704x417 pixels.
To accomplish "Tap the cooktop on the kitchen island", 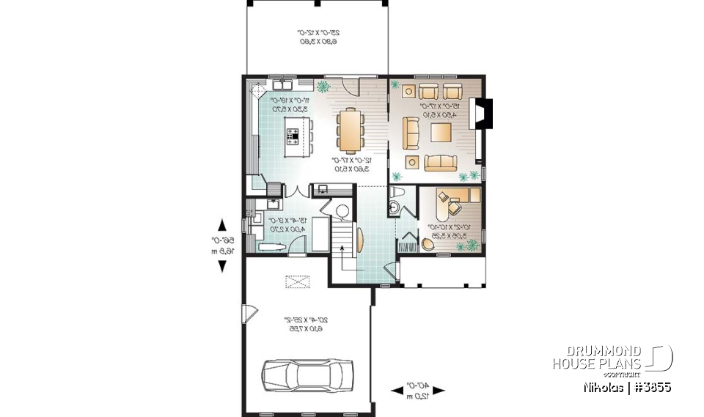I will click(293, 135).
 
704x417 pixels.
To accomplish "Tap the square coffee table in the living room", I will click(441, 133).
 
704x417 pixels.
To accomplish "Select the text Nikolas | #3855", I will click(627, 386).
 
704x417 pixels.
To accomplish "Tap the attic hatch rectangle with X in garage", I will click(298, 281).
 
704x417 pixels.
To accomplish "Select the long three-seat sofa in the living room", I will click(439, 163).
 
